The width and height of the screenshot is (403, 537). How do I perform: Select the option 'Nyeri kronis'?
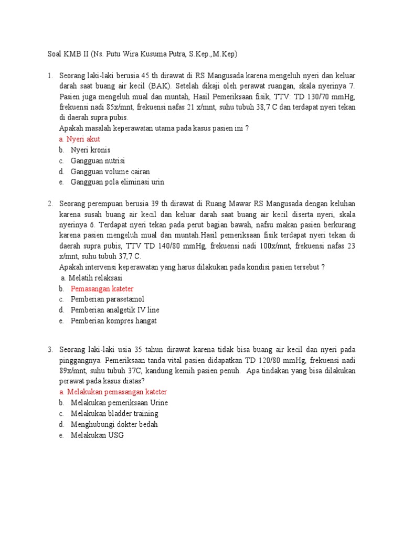tap(90, 150)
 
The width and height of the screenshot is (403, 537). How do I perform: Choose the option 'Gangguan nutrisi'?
tap(98, 160)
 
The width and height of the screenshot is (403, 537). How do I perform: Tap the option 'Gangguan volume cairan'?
tap(110, 171)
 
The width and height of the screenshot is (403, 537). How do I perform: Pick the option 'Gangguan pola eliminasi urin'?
tap(117, 182)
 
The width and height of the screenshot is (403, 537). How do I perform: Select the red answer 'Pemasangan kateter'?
tap(102, 288)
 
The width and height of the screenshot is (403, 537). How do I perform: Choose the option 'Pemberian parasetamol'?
tap(108, 299)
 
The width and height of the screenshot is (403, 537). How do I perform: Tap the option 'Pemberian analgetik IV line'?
tap(115, 310)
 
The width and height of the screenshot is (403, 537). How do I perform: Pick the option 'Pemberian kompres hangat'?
tap(113, 321)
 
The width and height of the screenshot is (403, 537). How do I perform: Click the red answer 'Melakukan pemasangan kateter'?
tap(117, 392)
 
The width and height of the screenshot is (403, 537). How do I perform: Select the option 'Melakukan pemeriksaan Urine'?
tap(119, 403)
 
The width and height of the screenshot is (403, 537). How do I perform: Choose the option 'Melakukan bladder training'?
tap(114, 414)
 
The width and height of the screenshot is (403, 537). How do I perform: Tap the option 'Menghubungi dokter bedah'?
tap(114, 424)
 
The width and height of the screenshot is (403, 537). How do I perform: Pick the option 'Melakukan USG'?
tap(97, 435)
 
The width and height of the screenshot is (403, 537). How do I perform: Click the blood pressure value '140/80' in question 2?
tap(180, 245)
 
